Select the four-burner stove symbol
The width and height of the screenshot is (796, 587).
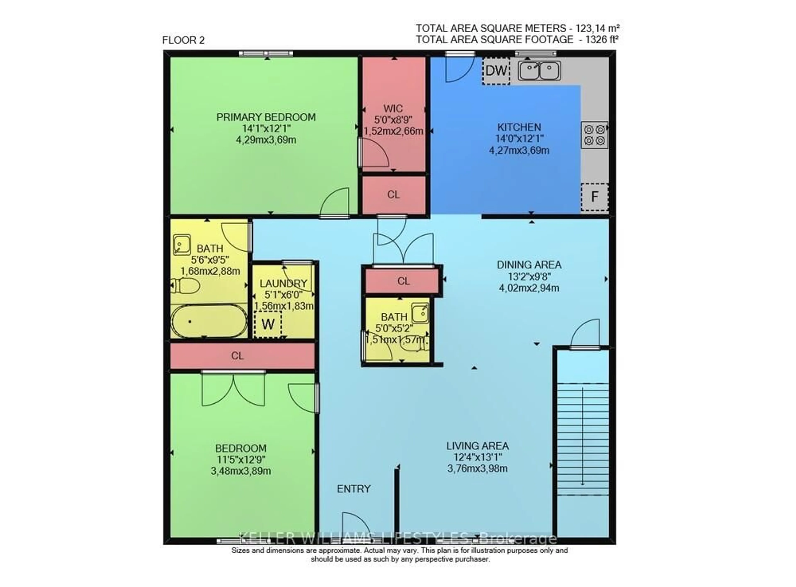[x=594, y=135]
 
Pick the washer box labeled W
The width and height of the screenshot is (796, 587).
[x=268, y=324]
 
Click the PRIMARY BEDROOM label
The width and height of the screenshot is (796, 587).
[x=266, y=117]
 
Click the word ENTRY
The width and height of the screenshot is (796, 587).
[x=354, y=489]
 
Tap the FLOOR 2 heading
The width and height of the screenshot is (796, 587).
[x=183, y=40]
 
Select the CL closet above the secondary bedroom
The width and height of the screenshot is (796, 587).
[x=237, y=356]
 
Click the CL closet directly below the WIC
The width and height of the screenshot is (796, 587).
[x=393, y=195]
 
